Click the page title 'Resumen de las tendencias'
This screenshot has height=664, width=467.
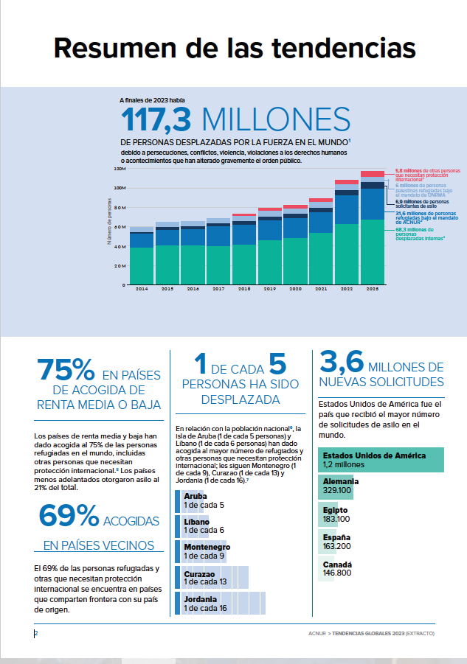point(235,48)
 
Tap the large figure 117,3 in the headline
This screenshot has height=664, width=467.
point(156,119)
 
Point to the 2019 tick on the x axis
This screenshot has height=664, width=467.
point(269,290)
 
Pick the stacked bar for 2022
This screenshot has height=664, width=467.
point(346,236)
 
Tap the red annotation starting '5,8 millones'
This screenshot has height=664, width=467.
point(422,175)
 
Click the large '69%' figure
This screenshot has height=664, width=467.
point(69,517)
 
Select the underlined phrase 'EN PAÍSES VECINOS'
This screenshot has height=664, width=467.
point(98,545)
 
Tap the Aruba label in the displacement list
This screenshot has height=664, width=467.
point(196,496)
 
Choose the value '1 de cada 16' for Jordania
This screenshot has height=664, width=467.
point(205,608)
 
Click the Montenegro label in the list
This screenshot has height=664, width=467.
point(207,547)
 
